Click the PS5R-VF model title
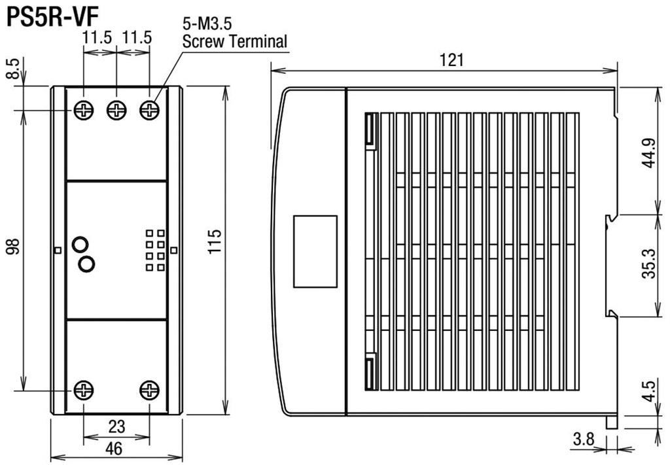[x=49, y=17]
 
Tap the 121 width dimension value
[x=451, y=60]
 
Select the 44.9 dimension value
[x=648, y=154]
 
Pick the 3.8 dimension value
[x=583, y=439]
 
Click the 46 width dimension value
[x=115, y=449]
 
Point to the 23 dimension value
[x=116, y=426]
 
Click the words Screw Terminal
[x=235, y=42]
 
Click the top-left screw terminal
[x=84, y=110]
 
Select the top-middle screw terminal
[x=116, y=110]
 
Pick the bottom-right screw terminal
[x=150, y=390]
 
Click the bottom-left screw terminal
[x=84, y=390]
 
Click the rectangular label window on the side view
[x=315, y=251]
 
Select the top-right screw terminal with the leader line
[x=150, y=110]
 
